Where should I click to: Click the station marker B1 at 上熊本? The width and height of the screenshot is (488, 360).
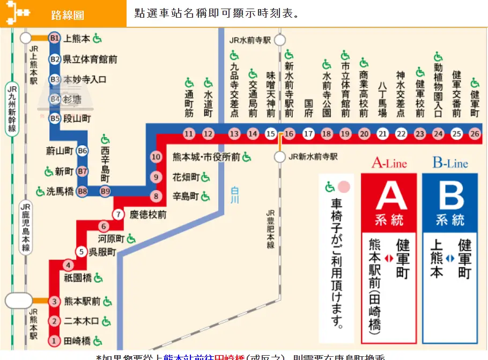tap(54, 38)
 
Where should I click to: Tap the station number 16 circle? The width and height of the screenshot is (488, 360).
tap(289, 133)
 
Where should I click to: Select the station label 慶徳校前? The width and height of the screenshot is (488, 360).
tap(148, 214)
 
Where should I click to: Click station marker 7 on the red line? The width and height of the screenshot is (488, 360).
tap(119, 214)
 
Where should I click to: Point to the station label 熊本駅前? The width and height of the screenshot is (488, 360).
tap(83, 301)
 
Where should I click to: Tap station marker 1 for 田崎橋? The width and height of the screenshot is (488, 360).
tap(54, 340)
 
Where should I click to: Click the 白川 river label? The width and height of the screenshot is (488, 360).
tap(234, 194)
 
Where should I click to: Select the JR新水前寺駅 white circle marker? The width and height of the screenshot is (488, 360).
tap(280, 157)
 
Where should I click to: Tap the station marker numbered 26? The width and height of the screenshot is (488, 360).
tap(474, 133)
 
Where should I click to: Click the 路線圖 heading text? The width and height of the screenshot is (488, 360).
tap(68, 14)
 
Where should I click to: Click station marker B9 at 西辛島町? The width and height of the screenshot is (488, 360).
tap(105, 191)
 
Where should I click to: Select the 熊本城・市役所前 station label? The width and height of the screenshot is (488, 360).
tap(206, 157)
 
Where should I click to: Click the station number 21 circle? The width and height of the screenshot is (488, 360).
tap(382, 133)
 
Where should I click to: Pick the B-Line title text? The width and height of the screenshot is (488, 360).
tap(450, 163)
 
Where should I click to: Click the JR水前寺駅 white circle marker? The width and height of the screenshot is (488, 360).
tap(280, 40)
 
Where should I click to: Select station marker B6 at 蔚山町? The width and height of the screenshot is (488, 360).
tap(82, 151)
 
